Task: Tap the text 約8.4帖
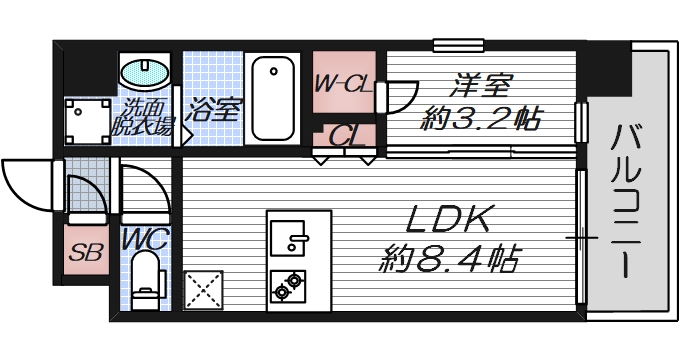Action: [449, 262]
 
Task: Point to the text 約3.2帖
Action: [481, 120]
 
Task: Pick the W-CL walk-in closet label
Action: [343, 85]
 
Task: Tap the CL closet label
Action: [345, 133]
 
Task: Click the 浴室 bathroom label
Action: [213, 108]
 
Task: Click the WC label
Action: [146, 239]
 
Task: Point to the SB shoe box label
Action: [85, 252]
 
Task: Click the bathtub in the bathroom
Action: [272, 98]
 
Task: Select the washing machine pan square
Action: [87, 120]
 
